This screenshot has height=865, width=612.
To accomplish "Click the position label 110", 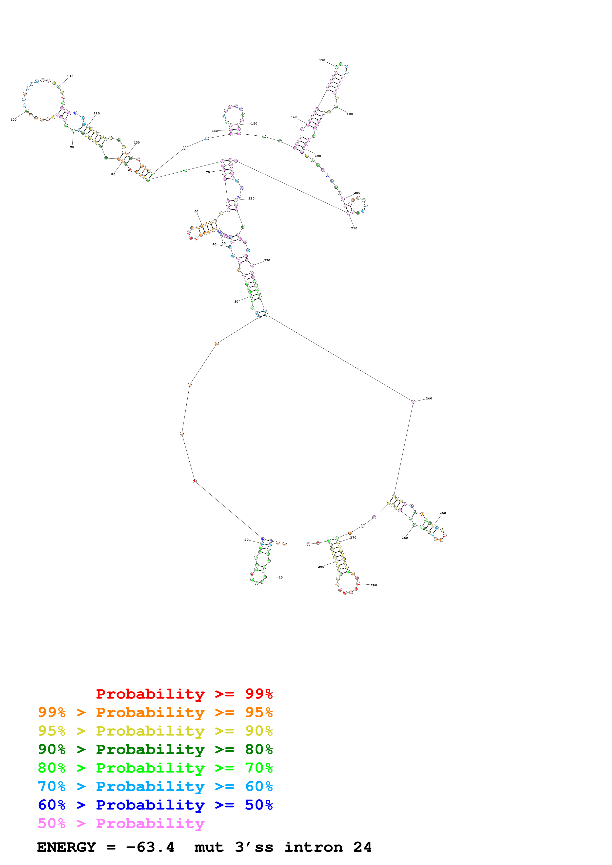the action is pos(70,76).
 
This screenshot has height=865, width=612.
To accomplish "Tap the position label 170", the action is pos(322,60).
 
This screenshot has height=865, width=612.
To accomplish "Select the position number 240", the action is pos(429,398).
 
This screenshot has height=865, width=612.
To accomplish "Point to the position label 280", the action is pos(374,585).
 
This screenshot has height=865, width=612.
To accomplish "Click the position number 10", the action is pos(280,577).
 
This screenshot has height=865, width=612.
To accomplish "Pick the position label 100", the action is pos(14,119).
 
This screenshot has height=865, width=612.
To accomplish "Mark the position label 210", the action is pos(354,228).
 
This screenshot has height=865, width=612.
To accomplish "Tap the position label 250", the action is pos(443,513).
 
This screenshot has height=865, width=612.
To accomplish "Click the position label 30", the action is pos(237,301).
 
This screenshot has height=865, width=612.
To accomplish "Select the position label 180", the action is pos(350,114).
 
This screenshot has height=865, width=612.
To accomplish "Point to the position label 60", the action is pos(196,211).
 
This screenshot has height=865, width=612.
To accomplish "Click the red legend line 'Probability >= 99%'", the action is pos(184,694).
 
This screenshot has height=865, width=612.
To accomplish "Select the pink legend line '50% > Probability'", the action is pos(121,823).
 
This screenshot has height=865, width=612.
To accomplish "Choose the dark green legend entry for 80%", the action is pos(155,749).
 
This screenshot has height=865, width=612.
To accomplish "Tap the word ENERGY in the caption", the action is pos(66,847).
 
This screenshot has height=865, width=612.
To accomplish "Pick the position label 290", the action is pos(321,567).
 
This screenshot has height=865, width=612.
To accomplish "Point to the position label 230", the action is pos(267,260).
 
